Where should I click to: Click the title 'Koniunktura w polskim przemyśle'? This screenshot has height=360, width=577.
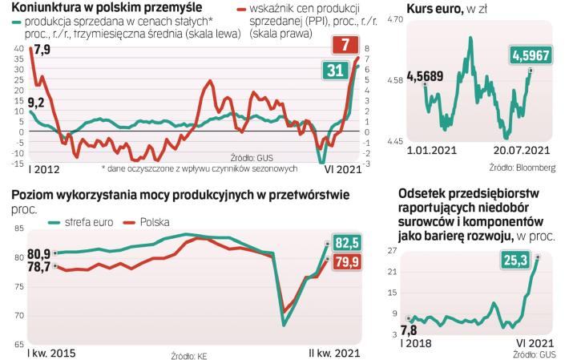93,7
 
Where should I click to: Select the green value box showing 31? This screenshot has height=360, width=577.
334,72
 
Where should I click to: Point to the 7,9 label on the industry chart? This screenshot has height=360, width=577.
42,51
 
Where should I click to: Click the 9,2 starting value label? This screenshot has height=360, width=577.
37,102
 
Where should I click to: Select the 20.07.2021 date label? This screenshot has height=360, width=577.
523,149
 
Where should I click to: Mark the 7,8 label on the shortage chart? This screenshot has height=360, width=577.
409,330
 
